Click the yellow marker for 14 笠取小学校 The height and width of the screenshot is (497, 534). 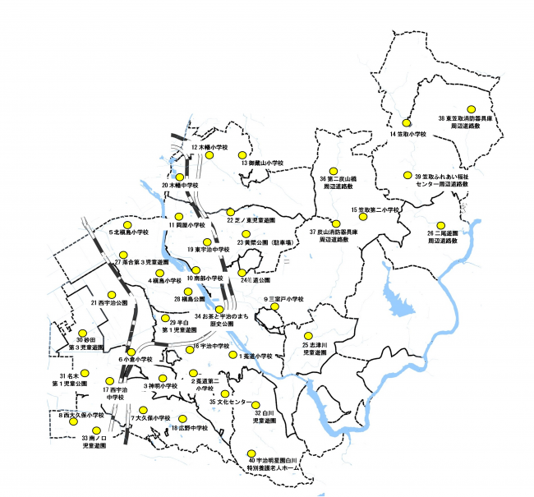pos(406,122)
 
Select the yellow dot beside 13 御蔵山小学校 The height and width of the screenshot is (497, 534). pos(242,154)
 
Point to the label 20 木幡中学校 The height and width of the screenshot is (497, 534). pos(182,186)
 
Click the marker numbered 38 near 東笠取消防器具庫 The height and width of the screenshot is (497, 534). pos(472,108)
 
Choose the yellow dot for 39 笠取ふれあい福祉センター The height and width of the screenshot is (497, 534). pos(407,176)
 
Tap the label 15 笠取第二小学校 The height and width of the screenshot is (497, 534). pos(375,210)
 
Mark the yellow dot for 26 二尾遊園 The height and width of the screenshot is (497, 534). pos(442,224)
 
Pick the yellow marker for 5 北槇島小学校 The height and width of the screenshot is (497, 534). pos(127,224)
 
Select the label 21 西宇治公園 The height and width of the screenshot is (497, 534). pos(110,303)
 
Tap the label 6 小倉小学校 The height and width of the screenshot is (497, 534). pos(136,360)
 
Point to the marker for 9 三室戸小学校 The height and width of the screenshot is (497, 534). pos(275,307)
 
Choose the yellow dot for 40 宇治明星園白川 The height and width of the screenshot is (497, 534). pos(251,452)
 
